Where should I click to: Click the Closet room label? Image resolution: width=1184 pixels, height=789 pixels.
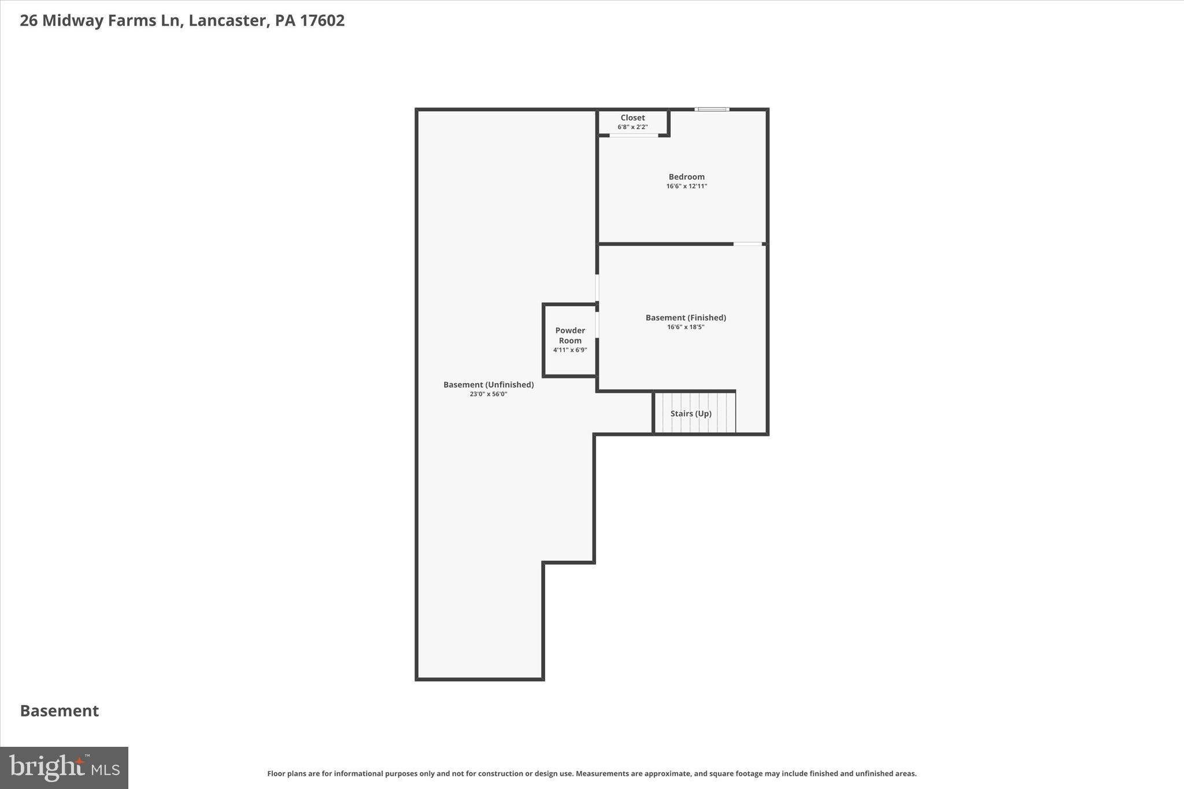coord(632,118)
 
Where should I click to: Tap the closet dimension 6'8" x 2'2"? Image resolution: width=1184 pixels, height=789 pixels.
coord(632,127)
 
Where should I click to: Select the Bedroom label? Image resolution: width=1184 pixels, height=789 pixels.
coord(686,177)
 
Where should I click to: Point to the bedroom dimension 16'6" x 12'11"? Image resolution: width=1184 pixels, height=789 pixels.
coord(686,186)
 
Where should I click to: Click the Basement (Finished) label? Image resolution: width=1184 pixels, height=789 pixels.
coord(686,317)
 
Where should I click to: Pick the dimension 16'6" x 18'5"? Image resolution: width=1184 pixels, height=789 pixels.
coord(686,327)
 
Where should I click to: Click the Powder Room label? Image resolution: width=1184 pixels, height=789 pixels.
coord(570,335)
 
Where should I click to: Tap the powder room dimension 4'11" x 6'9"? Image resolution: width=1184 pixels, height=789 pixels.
coord(570,350)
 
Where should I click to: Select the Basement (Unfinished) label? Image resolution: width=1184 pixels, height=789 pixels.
coord(489,384)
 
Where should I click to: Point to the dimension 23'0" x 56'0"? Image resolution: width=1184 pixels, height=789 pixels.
coord(489,394)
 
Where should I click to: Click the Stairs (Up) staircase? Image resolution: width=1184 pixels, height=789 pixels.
coord(694,413)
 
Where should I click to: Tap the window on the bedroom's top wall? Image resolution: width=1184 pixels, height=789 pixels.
coord(712,109)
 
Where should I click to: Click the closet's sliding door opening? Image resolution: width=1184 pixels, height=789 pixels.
coord(634,135)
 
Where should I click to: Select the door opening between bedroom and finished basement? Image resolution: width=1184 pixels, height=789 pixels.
coord(748,244)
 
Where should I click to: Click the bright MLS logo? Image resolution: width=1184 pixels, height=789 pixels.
coord(64,768)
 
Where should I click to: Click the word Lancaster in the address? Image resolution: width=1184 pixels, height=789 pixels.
coord(227,21)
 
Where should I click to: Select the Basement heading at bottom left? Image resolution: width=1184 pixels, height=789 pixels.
coord(60,711)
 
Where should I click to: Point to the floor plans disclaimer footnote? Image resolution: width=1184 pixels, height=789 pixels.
coord(591,773)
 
